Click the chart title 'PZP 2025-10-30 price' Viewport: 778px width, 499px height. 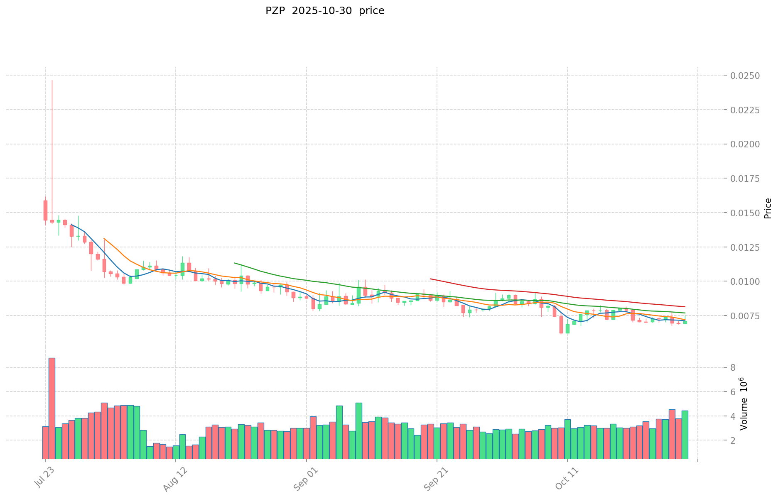pos(325,11)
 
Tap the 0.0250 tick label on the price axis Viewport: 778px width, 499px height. pos(745,76)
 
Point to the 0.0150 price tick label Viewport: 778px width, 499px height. pos(745,213)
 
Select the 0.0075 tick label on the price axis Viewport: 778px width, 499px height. pos(745,316)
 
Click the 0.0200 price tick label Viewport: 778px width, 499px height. pos(745,144)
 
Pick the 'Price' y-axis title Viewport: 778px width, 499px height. pos(768,208)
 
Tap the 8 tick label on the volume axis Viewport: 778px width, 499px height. pos(733,368)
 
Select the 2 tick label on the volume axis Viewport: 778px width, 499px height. pos(733,440)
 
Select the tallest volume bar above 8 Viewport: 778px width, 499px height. pos(52,408)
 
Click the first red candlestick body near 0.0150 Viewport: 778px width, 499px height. pos(45,210)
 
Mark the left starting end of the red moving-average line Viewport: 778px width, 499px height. pos(430,279)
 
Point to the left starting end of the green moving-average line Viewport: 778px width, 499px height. pos(235,263)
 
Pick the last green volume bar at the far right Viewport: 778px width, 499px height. pos(685,435)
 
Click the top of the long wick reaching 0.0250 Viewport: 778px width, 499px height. pos(52,80)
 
